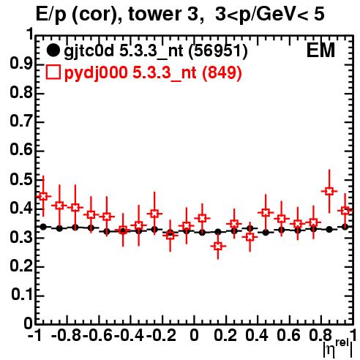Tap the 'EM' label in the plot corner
tap(320, 50)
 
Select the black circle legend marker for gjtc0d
tap(53, 50)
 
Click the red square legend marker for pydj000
tap(53, 72)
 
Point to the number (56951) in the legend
tap(218, 51)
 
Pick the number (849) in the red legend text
tap(222, 72)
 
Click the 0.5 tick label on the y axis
tap(21, 179)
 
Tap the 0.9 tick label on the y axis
tap(21, 64)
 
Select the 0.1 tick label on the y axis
tap(22, 295)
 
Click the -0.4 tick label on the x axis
tap(130, 335)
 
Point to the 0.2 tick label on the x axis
tap(225, 335)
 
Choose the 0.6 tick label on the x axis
tap(288, 335)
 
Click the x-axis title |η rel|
tap(338, 348)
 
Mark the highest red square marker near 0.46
tap(329, 191)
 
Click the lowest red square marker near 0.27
tap(218, 246)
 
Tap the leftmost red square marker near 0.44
tap(43, 196)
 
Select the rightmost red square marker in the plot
tap(345, 211)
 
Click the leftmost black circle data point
tap(43, 227)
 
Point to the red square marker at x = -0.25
tap(154, 214)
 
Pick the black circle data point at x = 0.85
tap(329, 229)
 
